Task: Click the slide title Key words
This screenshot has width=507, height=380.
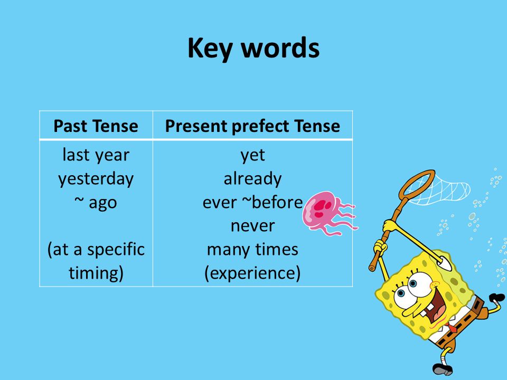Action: pyautogui.click(x=253, y=49)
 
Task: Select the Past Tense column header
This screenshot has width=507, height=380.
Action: pyautogui.click(x=96, y=126)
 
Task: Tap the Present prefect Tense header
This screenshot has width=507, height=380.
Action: pyautogui.click(x=252, y=126)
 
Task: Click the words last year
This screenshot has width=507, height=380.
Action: pyautogui.click(x=96, y=155)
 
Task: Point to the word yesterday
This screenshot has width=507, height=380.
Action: pyautogui.click(x=96, y=179)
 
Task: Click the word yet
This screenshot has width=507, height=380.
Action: pyautogui.click(x=252, y=155)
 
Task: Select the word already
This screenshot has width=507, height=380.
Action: pyautogui.click(x=252, y=179)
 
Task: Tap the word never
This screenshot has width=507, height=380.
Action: pyautogui.click(x=252, y=226)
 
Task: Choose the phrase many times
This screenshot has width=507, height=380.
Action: pyautogui.click(x=252, y=250)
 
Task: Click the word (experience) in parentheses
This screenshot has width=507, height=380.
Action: pyautogui.click(x=252, y=273)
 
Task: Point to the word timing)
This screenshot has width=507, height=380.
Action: pyautogui.click(x=96, y=273)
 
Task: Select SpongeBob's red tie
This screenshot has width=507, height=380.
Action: pyautogui.click(x=452, y=328)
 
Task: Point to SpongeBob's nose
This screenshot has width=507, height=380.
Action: pyautogui.click(x=434, y=286)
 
